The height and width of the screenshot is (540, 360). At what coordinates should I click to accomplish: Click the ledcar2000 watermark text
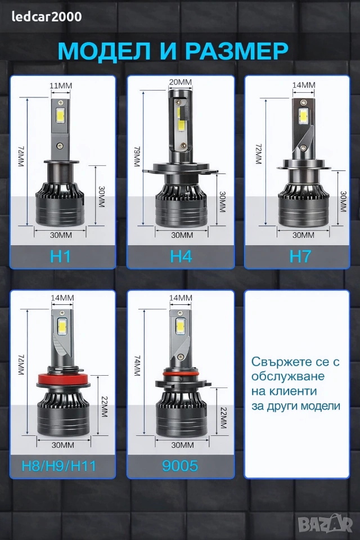(x=47, y=16)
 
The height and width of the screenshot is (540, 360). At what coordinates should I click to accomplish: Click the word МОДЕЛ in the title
(x=104, y=51)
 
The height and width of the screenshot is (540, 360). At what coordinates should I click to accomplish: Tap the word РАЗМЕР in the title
(x=237, y=51)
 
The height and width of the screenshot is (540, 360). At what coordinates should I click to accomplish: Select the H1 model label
(x=61, y=256)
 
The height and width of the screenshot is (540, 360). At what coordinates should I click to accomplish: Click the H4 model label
(x=181, y=256)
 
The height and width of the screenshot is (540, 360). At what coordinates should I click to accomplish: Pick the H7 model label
(x=300, y=256)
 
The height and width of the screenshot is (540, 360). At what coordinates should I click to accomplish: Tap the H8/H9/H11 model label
(x=59, y=466)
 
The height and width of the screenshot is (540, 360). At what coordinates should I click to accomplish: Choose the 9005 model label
(x=180, y=466)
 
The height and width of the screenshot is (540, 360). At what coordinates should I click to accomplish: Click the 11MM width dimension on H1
(x=61, y=85)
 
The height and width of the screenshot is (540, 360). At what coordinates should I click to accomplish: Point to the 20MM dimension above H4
(x=181, y=82)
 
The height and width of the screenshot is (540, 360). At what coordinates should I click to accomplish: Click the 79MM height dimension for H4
(x=137, y=156)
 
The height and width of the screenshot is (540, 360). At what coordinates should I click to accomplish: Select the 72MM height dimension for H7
(x=258, y=154)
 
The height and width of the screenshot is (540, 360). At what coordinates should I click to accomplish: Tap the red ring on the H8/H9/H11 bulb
(x=64, y=379)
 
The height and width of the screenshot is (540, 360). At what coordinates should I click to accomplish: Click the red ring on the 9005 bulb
(x=180, y=373)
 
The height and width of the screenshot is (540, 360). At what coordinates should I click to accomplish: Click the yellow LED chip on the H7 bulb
(x=303, y=116)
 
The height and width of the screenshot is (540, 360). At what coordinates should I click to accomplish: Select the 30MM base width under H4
(x=182, y=235)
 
